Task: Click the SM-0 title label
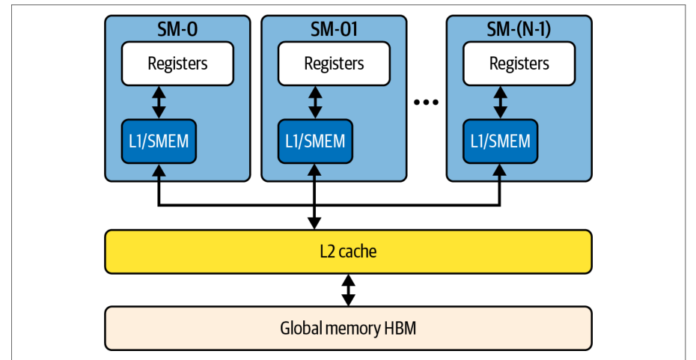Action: coord(177,29)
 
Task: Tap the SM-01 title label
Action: coord(334,29)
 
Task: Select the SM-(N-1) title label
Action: coord(519,29)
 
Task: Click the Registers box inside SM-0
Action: coord(177,64)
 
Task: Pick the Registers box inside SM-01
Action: coord(334,64)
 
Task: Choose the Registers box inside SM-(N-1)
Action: coord(519,64)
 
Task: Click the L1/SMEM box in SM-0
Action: coord(159,141)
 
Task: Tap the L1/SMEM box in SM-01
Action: coord(315,141)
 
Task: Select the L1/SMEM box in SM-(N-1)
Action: coord(500,141)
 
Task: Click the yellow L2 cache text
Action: coord(348,251)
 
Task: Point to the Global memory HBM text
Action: coord(348,329)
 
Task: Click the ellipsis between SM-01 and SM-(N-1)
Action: coord(426,102)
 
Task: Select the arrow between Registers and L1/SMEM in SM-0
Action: coord(159,103)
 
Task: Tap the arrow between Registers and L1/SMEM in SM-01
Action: coord(315,103)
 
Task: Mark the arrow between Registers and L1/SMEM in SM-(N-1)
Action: coord(500,103)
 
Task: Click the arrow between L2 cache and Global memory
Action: coord(349,290)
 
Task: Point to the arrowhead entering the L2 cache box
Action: coord(314,223)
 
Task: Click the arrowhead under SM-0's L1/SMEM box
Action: coord(159,170)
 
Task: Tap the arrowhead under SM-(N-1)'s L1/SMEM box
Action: coord(500,170)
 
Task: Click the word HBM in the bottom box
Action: coord(400,329)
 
